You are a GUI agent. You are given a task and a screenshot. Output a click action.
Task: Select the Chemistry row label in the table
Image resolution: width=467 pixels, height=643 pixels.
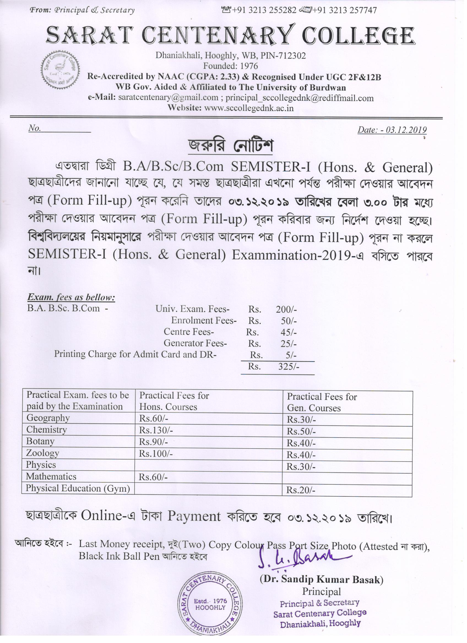coord(47,430)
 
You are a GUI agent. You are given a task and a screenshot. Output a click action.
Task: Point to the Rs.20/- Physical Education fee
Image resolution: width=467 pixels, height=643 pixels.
coord(300,490)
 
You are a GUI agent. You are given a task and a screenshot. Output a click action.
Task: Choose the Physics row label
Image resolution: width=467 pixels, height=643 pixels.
coord(41,465)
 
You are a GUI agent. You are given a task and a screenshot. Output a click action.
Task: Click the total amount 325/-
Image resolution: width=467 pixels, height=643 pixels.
coord(288,367)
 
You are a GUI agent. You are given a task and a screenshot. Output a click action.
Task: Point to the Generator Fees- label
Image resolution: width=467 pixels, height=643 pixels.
coord(195,343)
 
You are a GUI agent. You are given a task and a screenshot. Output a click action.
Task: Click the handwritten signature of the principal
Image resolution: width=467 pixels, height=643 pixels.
coord(304,557)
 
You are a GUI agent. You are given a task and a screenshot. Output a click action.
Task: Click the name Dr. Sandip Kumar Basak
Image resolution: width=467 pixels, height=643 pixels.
coord(322,579)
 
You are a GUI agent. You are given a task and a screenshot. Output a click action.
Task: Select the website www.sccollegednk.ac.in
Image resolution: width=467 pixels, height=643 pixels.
coord(249,108)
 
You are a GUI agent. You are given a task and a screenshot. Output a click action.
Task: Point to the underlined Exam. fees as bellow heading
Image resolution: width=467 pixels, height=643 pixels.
coord(71,297)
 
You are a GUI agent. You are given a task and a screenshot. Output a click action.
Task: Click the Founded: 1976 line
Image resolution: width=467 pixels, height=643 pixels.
coord(230,66)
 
